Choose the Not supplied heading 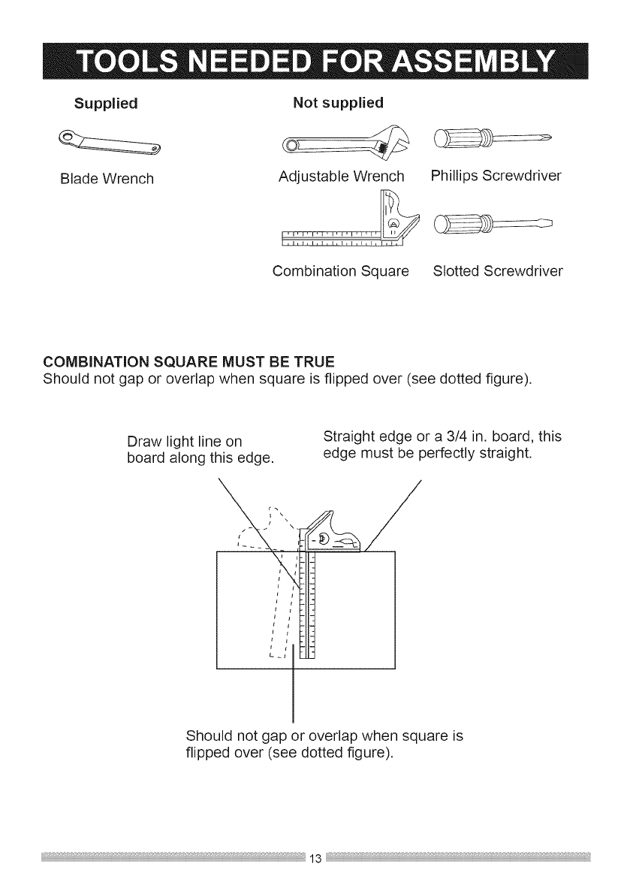click(x=338, y=101)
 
